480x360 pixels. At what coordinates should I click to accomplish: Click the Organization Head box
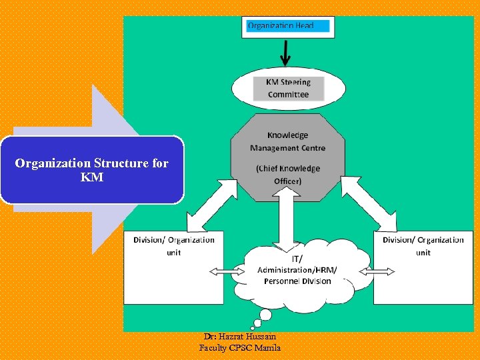[x=288, y=27]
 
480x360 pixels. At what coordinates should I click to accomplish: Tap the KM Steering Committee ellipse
[x=288, y=89]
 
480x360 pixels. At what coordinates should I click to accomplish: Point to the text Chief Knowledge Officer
[x=288, y=175]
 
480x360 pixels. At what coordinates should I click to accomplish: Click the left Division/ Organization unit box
[x=173, y=267]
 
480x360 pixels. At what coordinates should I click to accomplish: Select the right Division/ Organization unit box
[x=423, y=267]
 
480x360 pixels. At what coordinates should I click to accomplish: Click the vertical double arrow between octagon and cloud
[x=288, y=224]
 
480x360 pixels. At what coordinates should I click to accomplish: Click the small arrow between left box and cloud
[x=227, y=271]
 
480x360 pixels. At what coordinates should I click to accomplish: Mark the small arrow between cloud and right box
[x=377, y=271]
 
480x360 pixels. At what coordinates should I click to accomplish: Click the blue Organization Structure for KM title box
[x=92, y=169]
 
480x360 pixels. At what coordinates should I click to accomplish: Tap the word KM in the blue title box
[x=92, y=177]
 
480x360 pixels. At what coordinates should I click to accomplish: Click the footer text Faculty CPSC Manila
[x=240, y=348]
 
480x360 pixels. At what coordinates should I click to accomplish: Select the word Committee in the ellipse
[x=288, y=95]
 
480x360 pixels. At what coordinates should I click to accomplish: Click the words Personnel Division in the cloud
[x=297, y=281]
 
